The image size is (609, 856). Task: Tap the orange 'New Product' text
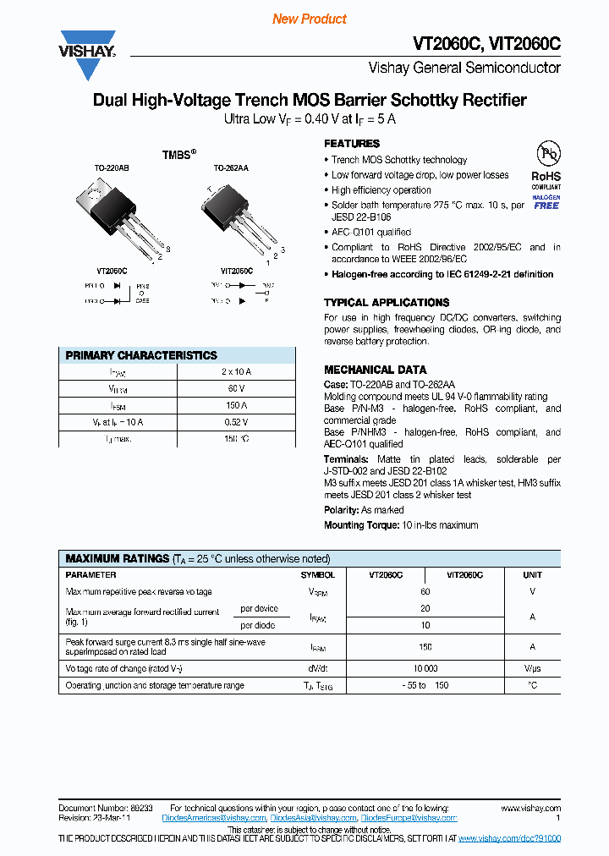[309, 19]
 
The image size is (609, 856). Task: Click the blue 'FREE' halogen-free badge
[546, 206]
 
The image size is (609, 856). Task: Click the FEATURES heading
[352, 144]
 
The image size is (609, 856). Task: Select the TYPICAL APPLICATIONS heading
[387, 302]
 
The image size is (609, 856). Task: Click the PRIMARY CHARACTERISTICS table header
[141, 355]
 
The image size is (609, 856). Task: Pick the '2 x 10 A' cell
[236, 371]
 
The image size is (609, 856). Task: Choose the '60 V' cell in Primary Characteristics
[236, 388]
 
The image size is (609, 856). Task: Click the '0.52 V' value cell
[236, 422]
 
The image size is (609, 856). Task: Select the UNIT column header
[532, 574]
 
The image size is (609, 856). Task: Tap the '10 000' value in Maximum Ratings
[425, 668]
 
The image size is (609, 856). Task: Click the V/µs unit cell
[532, 668]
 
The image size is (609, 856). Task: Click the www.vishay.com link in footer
[534, 809]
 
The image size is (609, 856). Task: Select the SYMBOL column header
[318, 574]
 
